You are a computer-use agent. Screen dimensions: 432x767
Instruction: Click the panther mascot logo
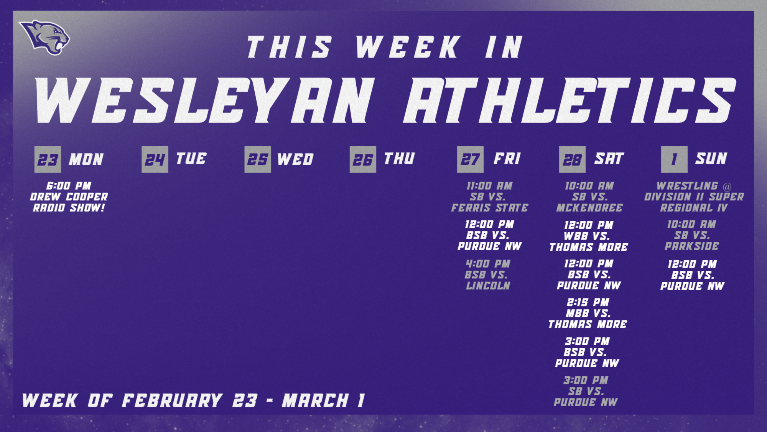45,37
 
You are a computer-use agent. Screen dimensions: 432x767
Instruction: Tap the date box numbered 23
48,159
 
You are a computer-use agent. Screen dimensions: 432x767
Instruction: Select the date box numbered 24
155,159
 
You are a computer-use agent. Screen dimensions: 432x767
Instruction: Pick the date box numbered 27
470,159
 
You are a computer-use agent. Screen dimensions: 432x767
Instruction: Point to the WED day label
295,159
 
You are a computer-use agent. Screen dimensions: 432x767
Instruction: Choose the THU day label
399,159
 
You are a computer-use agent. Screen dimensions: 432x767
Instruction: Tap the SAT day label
609,159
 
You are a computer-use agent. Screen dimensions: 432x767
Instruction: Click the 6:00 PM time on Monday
69,186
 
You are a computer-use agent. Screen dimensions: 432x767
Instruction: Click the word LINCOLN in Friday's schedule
488,286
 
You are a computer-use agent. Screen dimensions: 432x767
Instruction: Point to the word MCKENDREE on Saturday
589,208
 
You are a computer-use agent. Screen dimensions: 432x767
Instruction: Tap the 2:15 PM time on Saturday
588,303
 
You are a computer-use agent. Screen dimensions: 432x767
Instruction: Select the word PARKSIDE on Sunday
692,246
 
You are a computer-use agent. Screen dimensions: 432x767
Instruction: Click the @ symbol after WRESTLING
727,187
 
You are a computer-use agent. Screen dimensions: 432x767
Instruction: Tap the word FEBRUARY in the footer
172,401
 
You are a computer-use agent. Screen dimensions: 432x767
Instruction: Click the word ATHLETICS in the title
569,101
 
